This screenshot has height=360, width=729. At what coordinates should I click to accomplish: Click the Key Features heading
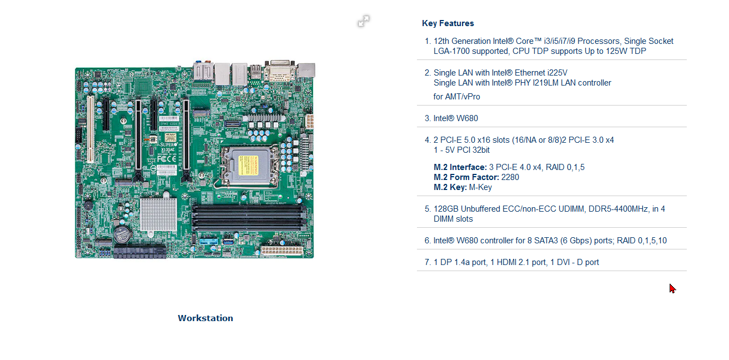(x=448, y=23)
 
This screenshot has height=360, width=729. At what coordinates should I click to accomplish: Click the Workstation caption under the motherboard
(x=205, y=318)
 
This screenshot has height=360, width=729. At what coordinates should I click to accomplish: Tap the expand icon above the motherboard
(x=364, y=21)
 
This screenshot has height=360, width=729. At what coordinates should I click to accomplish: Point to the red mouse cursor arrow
(x=672, y=289)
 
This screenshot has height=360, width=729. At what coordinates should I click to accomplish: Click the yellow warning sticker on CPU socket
(x=249, y=165)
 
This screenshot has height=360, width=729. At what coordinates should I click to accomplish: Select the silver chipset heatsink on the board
(x=158, y=214)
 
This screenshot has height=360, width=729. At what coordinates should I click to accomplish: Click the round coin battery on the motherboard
(x=122, y=234)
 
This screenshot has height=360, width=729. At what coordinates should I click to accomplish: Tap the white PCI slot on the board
(x=90, y=129)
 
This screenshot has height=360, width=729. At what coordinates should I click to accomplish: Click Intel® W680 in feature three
(x=456, y=118)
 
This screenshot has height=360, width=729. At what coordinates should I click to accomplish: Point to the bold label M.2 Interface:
(x=460, y=167)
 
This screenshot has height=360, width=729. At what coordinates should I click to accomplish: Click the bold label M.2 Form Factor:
(x=466, y=177)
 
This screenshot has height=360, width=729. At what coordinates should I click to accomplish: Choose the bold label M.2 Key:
(x=450, y=187)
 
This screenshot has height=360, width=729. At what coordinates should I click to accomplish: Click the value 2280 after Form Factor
(x=510, y=177)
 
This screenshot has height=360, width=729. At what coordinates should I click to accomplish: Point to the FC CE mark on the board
(x=167, y=159)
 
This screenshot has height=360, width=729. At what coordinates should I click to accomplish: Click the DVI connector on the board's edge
(x=280, y=72)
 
